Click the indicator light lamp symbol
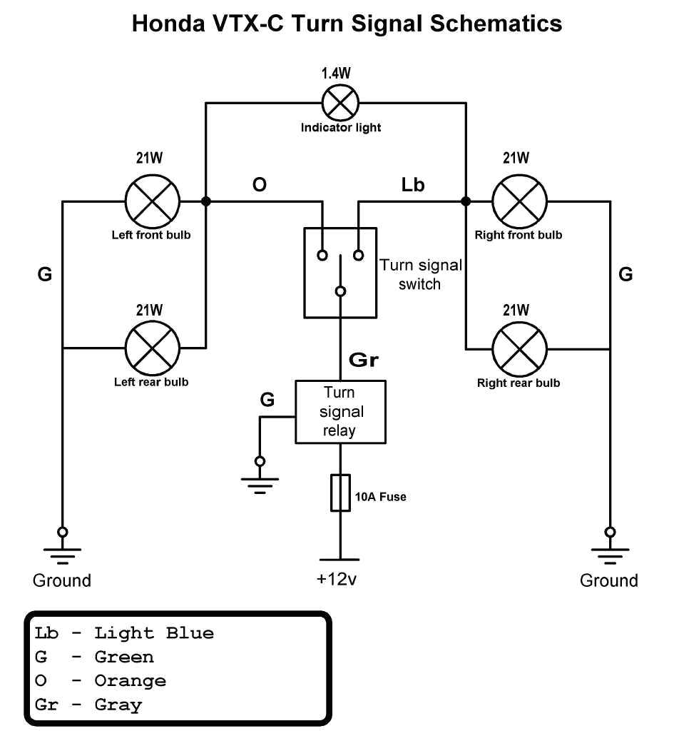[340, 104]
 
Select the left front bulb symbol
[152, 201]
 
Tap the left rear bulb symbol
[152, 348]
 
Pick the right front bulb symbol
[520, 201]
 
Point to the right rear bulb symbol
[520, 349]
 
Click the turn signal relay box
[341, 412]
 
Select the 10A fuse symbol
[340, 493]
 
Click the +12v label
[337, 579]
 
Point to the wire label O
[260, 185]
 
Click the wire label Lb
[413, 185]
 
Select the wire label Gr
[363, 361]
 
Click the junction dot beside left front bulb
[206, 201]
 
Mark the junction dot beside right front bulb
[466, 201]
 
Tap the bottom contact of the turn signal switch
[341, 291]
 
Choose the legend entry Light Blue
[154, 633]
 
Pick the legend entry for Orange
[130, 681]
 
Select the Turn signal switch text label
[420, 275]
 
